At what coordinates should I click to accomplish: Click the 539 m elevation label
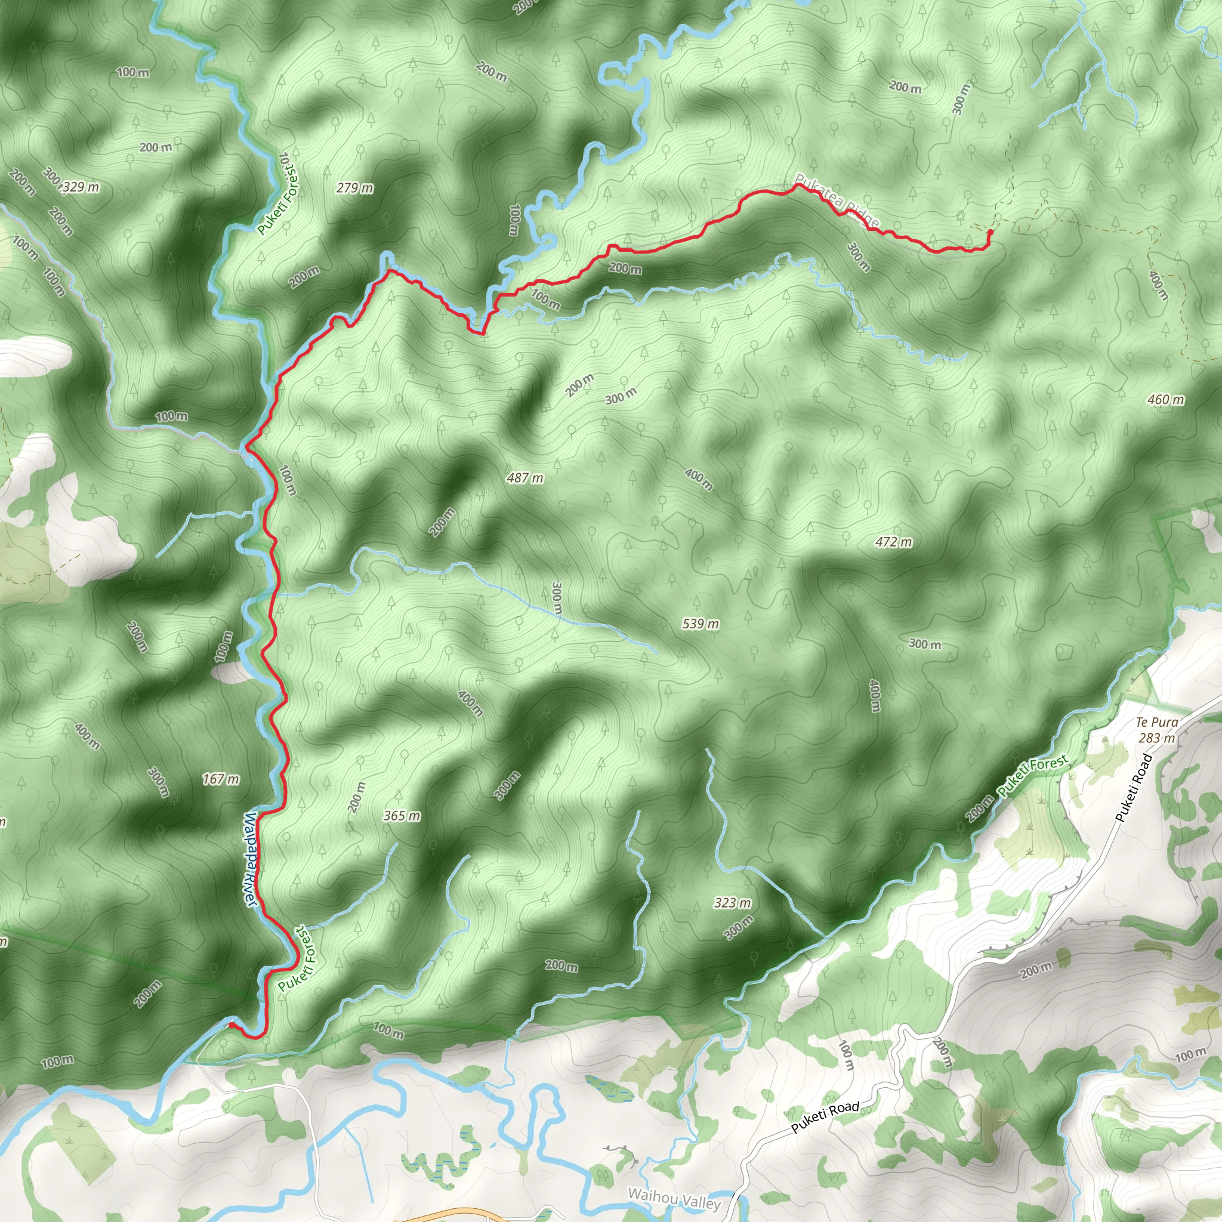pos(700,624)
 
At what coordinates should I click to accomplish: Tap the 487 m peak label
pos(525,477)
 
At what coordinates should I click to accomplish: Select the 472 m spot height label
pos(894,541)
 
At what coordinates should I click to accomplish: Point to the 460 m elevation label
pos(1166,399)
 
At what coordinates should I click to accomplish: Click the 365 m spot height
pos(402,815)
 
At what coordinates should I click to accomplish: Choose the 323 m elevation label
pos(733,903)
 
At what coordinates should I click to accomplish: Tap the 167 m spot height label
pos(221,779)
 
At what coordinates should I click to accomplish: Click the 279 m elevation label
pos(355,188)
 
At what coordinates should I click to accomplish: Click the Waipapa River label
pos(251,861)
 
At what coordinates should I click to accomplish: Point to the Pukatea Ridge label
pos(836,200)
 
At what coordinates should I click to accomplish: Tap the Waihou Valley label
pos(674,1198)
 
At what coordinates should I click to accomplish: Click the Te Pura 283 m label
pos(1157,730)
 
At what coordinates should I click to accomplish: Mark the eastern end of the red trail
pos(989,232)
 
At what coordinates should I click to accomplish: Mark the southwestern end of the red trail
pos(231,1023)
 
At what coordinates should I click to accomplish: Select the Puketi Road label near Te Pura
pos(1135,788)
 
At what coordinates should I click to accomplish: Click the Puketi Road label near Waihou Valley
pos(825,1116)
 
